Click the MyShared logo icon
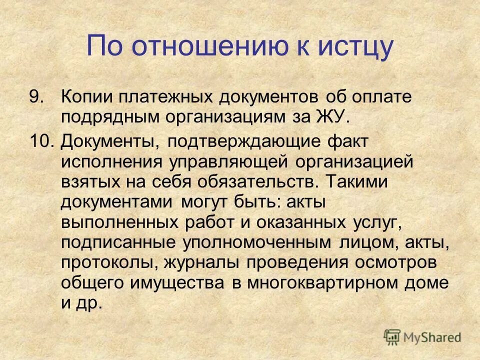coord(392,337)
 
